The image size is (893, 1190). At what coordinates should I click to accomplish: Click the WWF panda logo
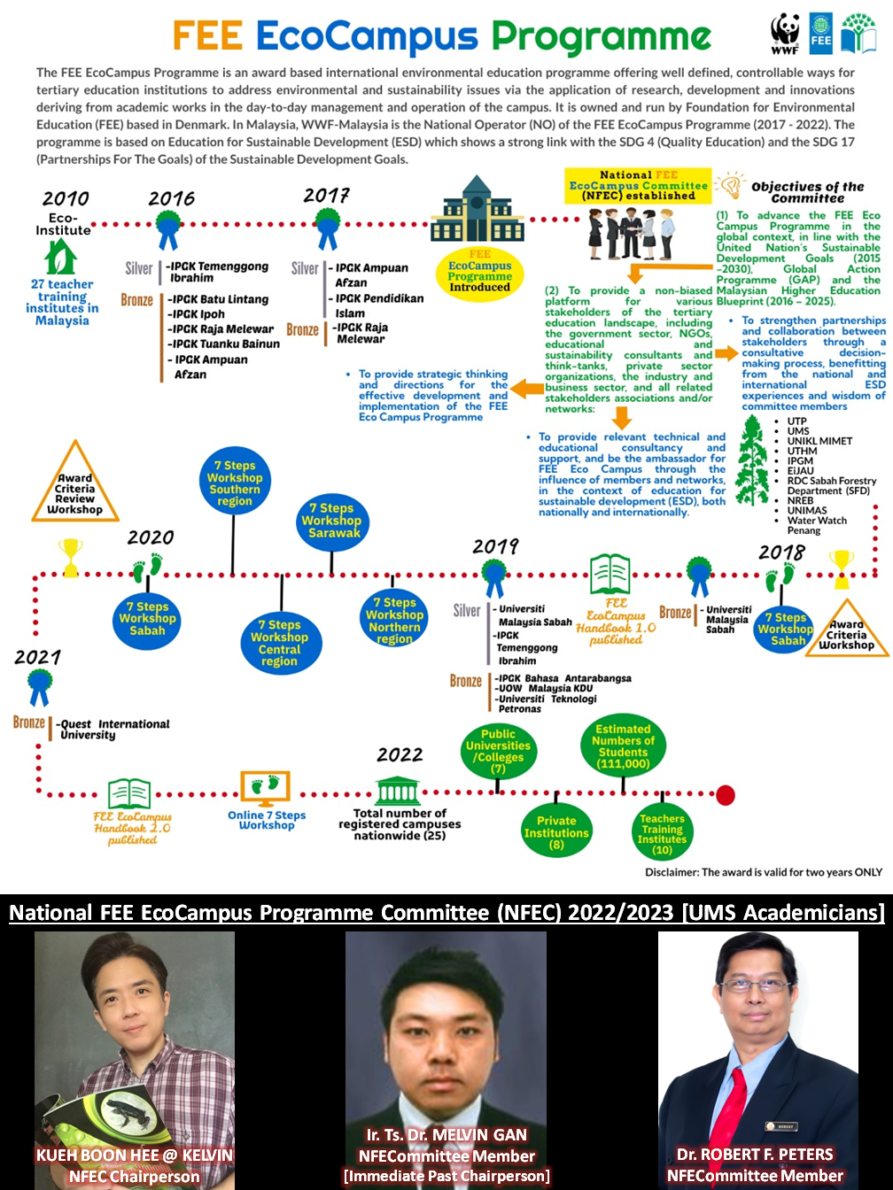[x=785, y=33]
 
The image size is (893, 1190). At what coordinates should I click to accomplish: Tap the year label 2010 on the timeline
[x=66, y=198]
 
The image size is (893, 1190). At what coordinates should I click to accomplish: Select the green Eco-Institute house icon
[x=60, y=258]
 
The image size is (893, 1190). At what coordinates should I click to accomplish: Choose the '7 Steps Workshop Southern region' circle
[x=235, y=483]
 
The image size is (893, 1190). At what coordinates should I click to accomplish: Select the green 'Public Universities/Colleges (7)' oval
[x=499, y=751]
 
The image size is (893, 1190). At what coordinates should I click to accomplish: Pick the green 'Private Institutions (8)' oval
[x=556, y=832]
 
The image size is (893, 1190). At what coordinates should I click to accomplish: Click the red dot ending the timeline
[x=726, y=794]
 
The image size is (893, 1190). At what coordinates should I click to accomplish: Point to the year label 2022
[x=400, y=754]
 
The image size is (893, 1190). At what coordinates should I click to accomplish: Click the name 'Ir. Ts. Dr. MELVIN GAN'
[x=446, y=1135]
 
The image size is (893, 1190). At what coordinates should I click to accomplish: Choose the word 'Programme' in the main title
[x=602, y=37]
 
